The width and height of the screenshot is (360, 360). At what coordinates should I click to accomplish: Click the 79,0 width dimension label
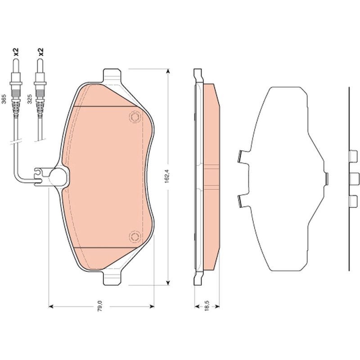100,306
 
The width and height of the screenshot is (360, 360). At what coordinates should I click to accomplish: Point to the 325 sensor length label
30,99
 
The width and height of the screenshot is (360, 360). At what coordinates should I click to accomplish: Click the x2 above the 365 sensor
16,52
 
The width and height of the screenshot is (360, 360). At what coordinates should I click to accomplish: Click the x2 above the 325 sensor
41,52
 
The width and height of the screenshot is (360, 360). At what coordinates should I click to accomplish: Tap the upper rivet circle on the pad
135,117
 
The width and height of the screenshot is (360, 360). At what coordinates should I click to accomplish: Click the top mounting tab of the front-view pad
112,75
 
